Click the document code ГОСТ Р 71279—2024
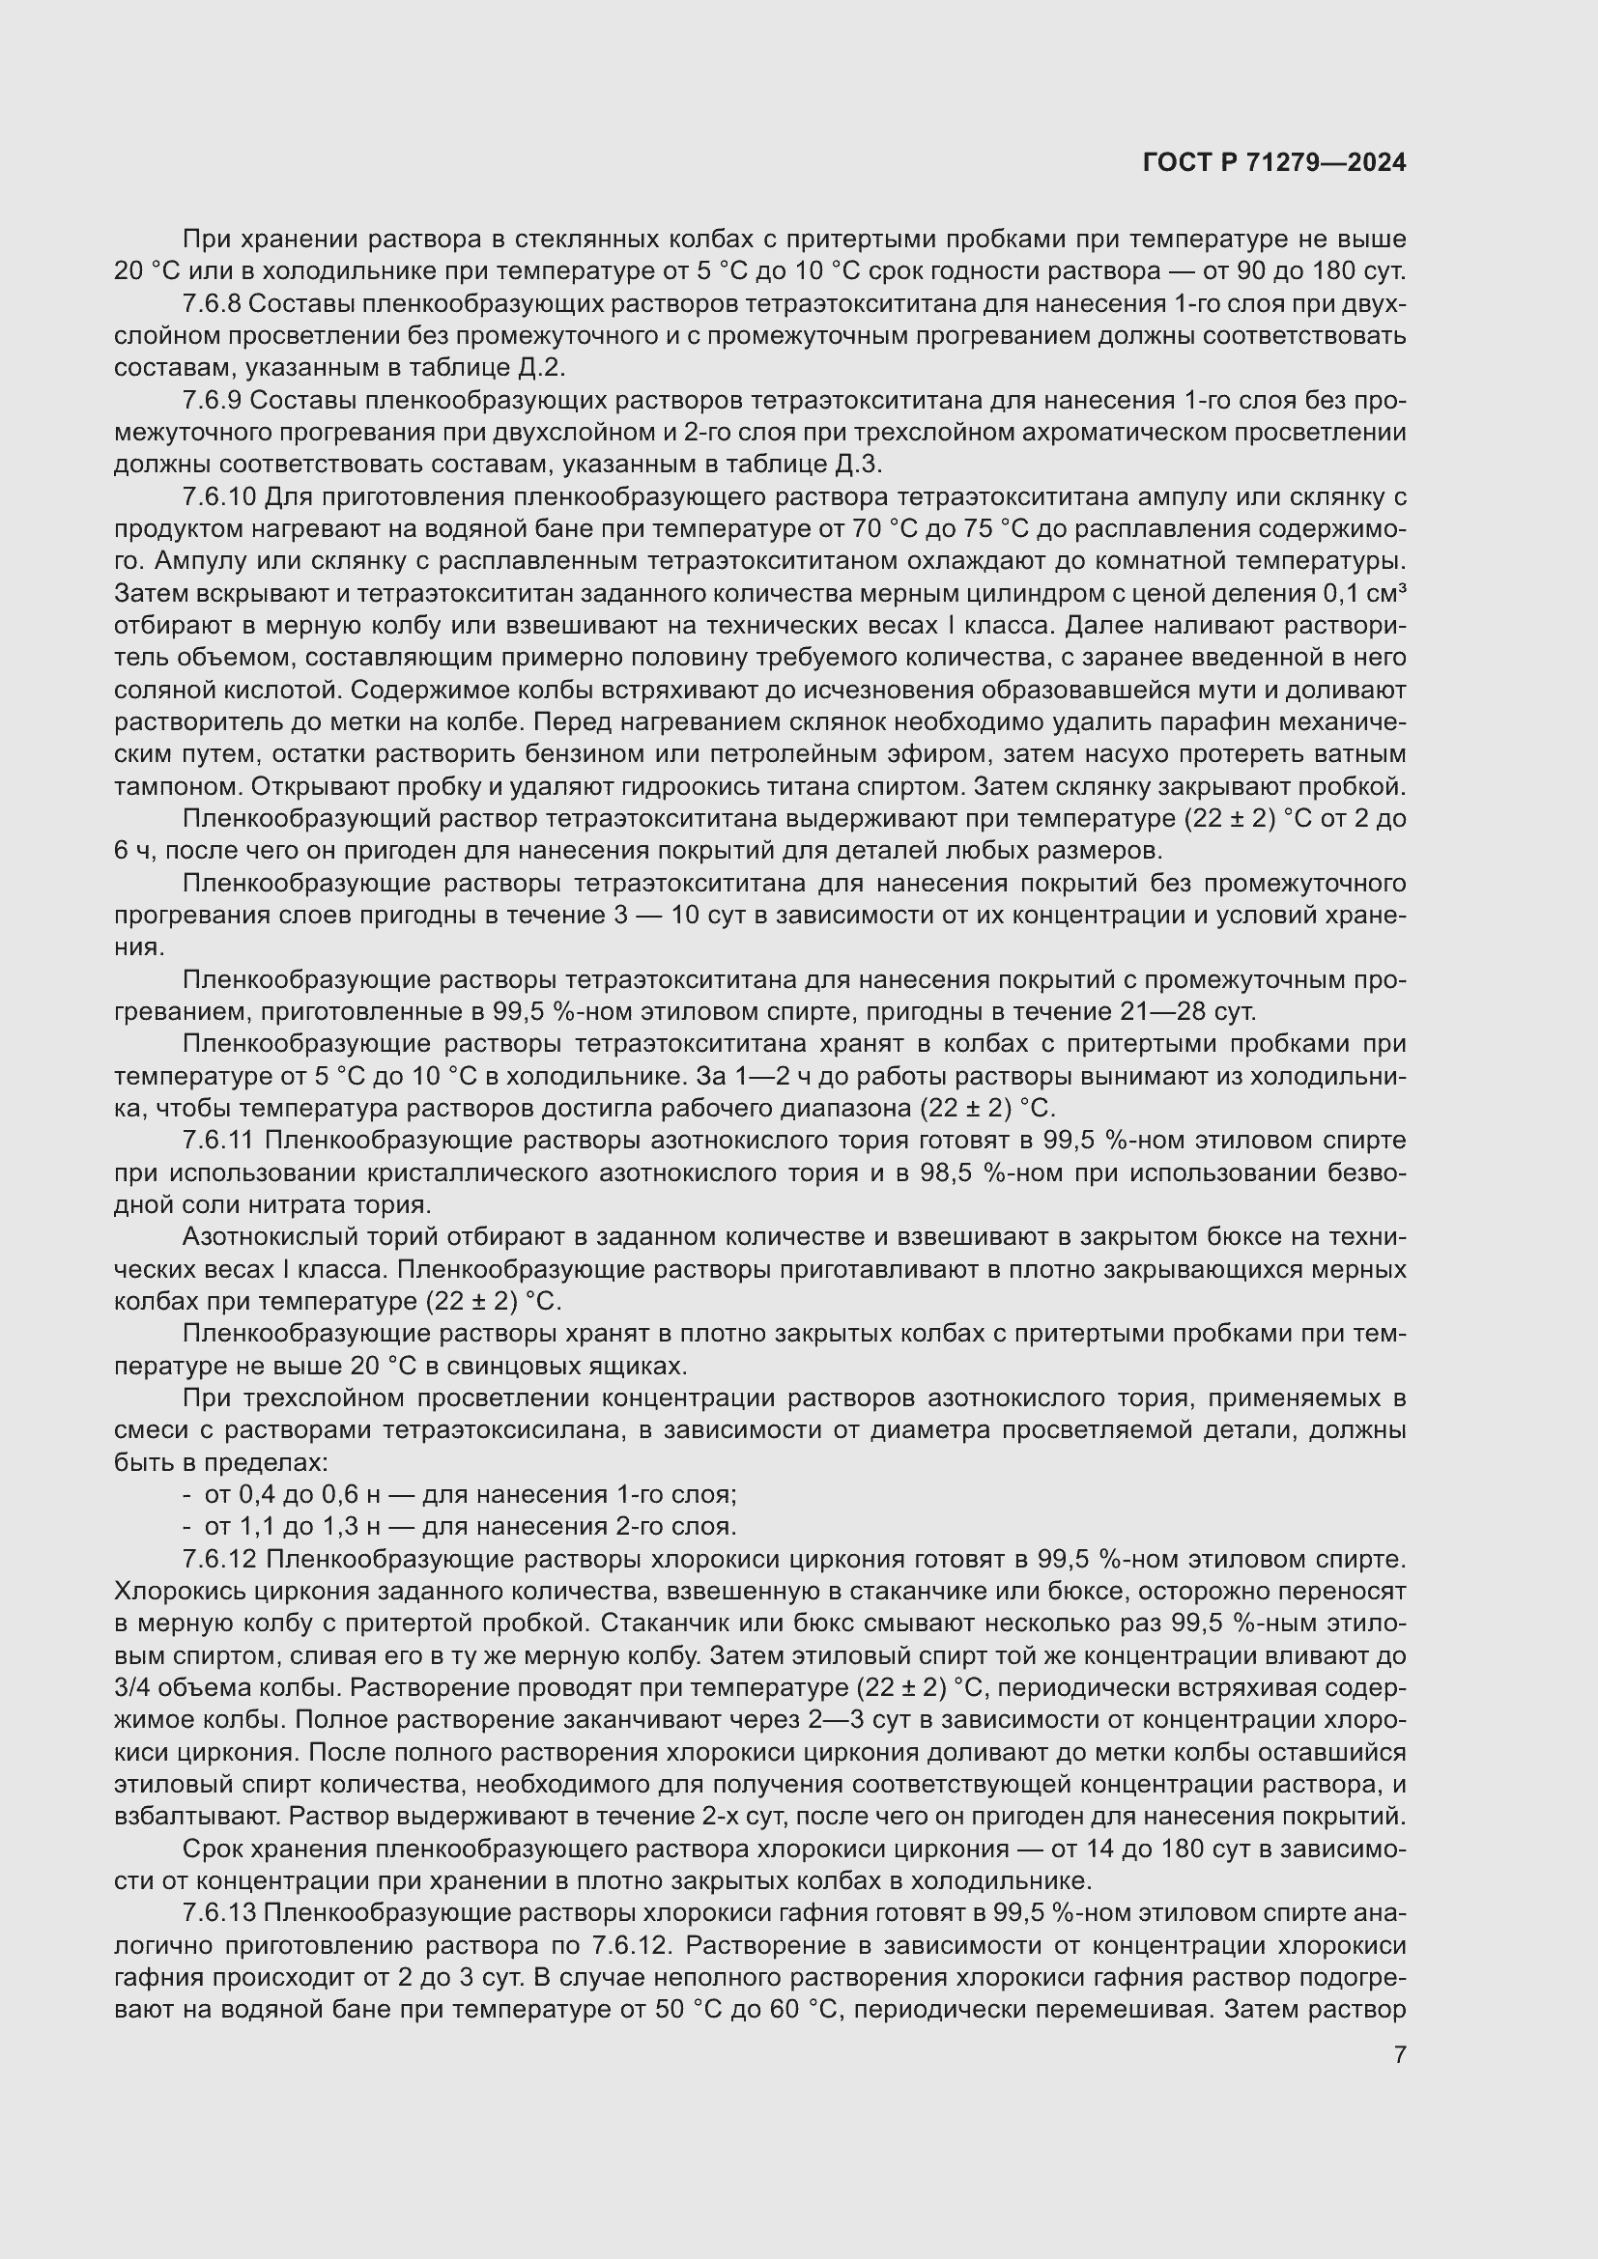(x=1274, y=163)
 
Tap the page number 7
(x=1400, y=2054)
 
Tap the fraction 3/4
(x=135, y=1687)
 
